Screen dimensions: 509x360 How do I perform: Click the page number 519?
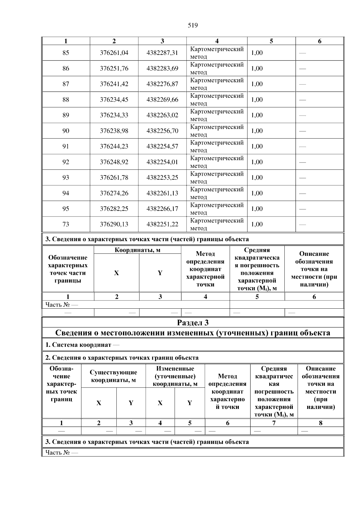click(x=193, y=25)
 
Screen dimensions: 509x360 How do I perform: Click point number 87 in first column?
click(x=66, y=84)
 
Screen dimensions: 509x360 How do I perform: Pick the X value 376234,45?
click(x=114, y=100)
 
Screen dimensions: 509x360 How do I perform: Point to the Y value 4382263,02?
click(x=162, y=115)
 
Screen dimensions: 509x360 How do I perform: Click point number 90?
click(x=66, y=131)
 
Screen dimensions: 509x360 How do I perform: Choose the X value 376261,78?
click(x=114, y=178)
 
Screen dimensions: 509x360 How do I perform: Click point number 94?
click(x=66, y=193)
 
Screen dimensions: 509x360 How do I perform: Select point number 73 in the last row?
click(x=66, y=224)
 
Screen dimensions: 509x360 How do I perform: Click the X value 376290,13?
click(x=114, y=224)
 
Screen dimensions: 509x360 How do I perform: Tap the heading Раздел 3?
click(x=193, y=323)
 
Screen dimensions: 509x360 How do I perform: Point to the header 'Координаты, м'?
click(x=137, y=250)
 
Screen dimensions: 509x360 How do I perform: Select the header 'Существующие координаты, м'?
click(x=113, y=376)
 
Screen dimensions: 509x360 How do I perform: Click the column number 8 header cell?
click(x=320, y=423)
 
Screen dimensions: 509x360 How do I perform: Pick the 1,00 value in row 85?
click(x=257, y=53)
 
